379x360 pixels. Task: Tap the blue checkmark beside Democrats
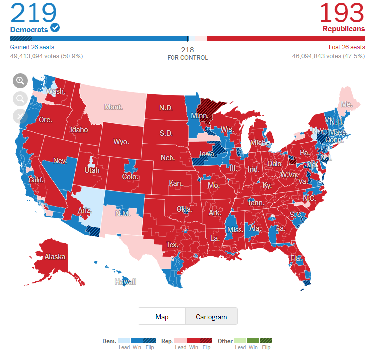[x=55, y=28]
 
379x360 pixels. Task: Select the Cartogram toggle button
[x=211, y=317]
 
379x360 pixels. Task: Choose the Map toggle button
[x=162, y=317]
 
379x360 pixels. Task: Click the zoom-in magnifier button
[x=20, y=80]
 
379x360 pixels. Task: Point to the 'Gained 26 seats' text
[x=32, y=47]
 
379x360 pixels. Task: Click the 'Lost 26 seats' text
[x=346, y=47]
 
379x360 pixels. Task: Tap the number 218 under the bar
[x=187, y=50]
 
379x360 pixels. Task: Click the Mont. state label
[x=113, y=107]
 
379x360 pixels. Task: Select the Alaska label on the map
[x=55, y=257]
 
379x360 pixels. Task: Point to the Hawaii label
[x=125, y=282]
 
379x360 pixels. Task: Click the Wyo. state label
[x=121, y=142]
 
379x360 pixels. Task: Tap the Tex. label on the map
[x=172, y=245]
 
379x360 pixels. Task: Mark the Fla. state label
[x=296, y=258]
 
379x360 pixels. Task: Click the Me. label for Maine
[x=346, y=105]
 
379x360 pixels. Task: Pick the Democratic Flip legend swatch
[x=150, y=340]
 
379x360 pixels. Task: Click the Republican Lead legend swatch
[x=180, y=340]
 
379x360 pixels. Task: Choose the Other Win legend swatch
[x=253, y=340]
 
